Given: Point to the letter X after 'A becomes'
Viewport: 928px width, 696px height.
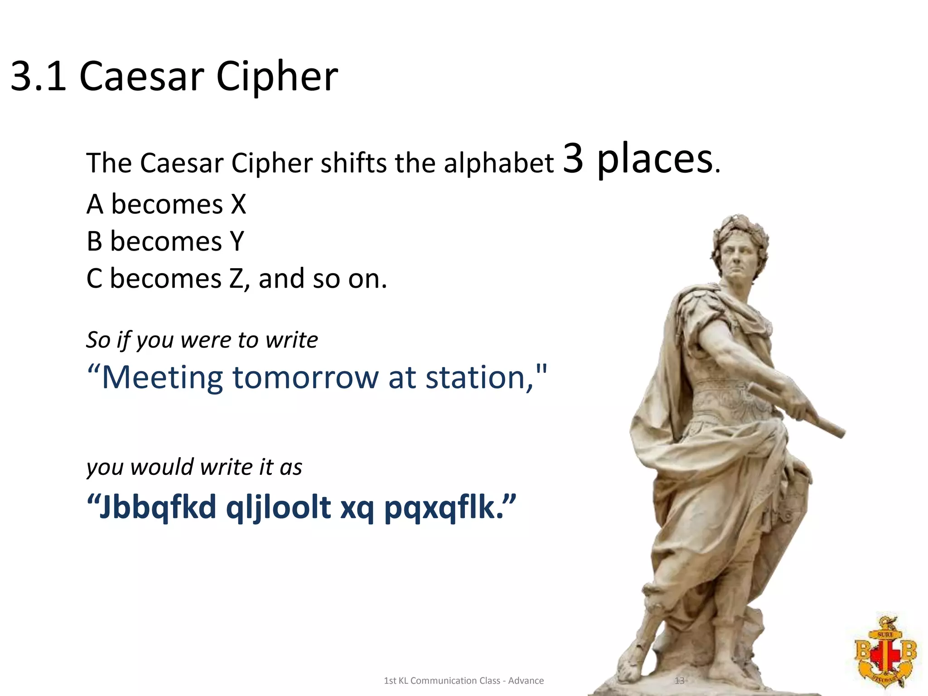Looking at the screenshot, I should (x=238, y=204).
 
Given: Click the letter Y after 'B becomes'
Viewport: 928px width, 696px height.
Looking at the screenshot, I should (x=237, y=242).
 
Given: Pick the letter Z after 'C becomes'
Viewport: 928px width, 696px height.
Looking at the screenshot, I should (x=237, y=279).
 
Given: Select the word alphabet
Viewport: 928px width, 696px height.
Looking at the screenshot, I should (x=498, y=163).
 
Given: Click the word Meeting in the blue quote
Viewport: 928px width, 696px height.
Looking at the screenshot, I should (x=162, y=378).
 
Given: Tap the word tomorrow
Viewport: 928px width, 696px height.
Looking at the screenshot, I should (x=305, y=378).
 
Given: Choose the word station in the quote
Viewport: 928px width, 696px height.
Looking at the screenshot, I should (x=475, y=378).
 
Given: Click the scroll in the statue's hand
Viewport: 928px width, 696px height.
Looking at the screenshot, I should (x=797, y=410).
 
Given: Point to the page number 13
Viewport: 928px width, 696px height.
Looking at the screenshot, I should (x=679, y=681).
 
